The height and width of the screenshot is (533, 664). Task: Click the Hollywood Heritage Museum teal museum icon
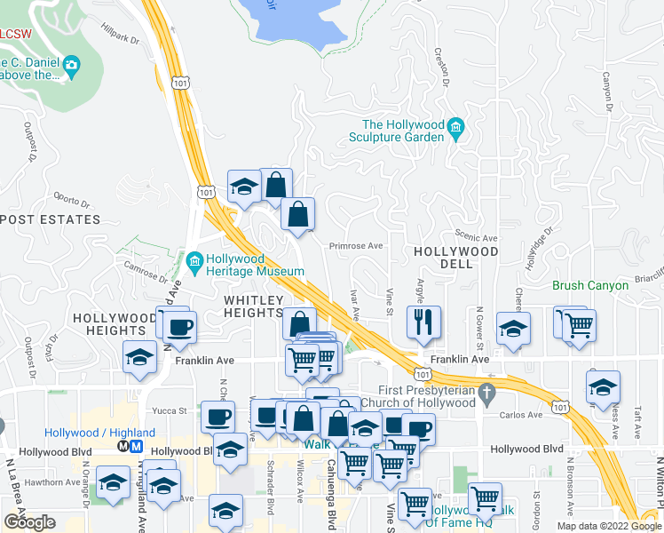coord(195,260)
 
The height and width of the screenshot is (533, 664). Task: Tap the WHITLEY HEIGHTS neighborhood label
coord(254,306)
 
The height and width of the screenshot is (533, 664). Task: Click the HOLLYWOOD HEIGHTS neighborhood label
coord(115,324)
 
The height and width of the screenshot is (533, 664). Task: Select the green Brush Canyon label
coord(590,286)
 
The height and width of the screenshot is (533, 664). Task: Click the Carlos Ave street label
coord(521,415)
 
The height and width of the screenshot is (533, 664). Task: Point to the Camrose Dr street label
coord(140,269)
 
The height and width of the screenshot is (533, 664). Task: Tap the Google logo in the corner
coord(29,522)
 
